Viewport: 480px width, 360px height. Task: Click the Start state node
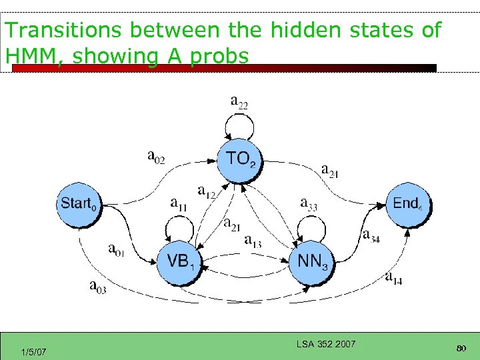tap(78, 203)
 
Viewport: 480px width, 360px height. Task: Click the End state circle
tap(408, 203)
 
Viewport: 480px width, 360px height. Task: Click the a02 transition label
tap(156, 157)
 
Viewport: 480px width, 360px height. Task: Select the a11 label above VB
tap(179, 204)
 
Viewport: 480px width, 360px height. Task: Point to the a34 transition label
tap(371, 235)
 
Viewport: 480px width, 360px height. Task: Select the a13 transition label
tap(253, 240)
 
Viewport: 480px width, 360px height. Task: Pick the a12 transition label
tap(207, 192)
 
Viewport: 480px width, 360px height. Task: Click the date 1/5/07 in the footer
tap(33, 351)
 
